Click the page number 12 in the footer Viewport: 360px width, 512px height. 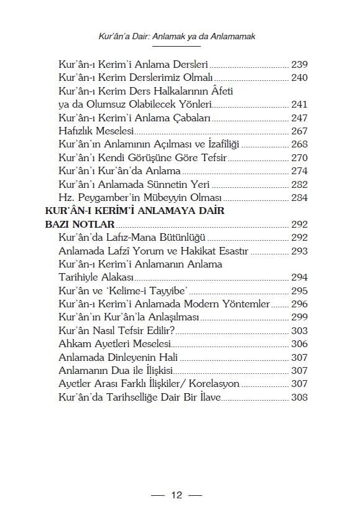tap(177, 495)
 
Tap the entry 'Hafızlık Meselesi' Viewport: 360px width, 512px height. tap(96, 131)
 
